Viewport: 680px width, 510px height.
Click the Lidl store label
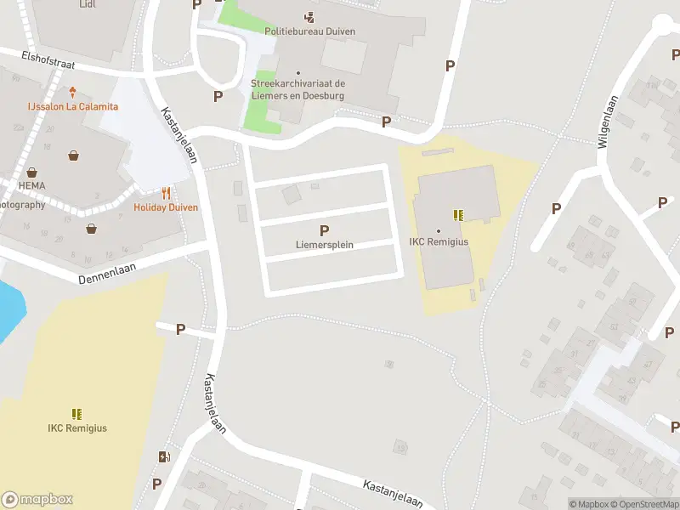pos(87,4)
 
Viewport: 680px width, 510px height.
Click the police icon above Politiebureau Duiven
pos(309,17)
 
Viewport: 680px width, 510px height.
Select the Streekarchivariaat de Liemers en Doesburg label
pos(297,89)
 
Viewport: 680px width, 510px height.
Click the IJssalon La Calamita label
pos(72,106)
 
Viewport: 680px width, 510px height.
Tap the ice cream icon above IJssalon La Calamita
pos(73,92)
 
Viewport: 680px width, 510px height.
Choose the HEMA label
pos(31,185)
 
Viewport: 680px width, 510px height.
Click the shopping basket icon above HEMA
pos(31,172)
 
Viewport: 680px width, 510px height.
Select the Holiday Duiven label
pos(166,207)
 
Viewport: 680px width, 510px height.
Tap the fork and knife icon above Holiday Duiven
pos(166,193)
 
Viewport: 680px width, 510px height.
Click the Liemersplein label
pos(324,245)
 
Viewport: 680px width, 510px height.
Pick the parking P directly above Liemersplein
pos(324,230)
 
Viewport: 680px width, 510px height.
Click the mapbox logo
pos(37,500)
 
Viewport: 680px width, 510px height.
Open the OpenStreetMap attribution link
pos(644,504)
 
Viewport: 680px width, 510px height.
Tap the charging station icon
pos(163,457)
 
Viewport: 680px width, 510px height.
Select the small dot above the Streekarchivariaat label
pos(297,73)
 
